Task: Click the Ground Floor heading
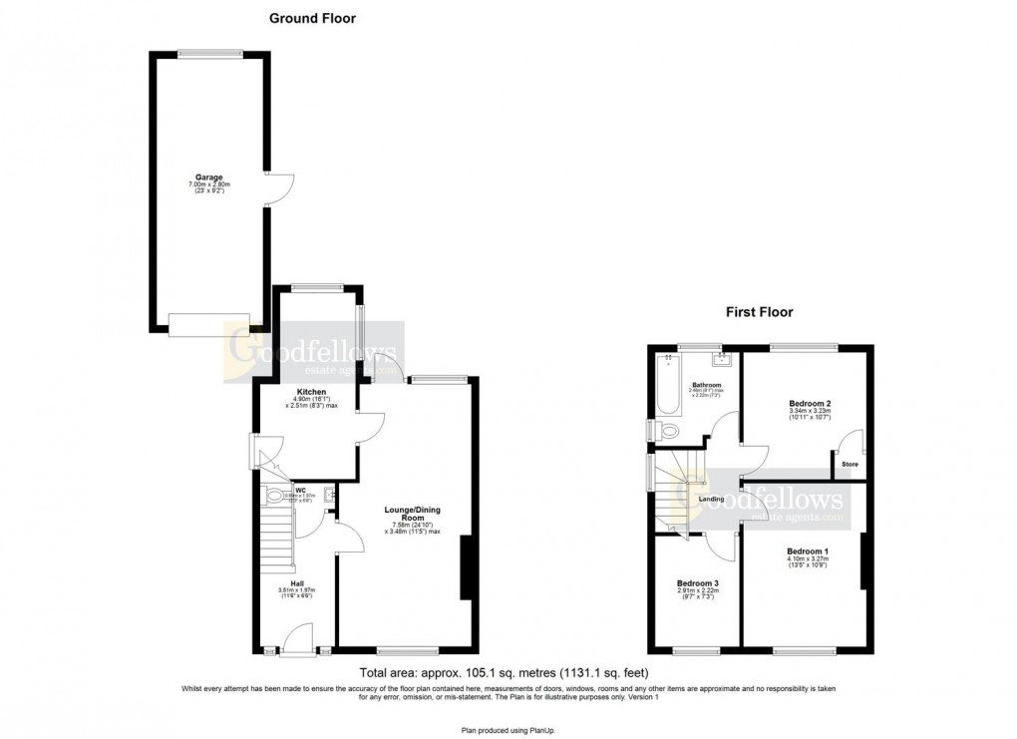pos(312,18)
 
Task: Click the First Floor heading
pos(759,312)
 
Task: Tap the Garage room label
pos(209,177)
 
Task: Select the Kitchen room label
pos(312,392)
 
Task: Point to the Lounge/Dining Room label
pos(413,515)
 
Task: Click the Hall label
pos(297,583)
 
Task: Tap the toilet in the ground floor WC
pos(273,497)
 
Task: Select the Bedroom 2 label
pos(803,403)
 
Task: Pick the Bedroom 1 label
pos(807,552)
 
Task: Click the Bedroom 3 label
pos(696,583)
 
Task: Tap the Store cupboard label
pos(849,464)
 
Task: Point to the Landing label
pos(711,499)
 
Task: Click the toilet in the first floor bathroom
pos(665,430)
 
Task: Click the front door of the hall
pos(296,644)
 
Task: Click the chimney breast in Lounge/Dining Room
pos(466,568)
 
